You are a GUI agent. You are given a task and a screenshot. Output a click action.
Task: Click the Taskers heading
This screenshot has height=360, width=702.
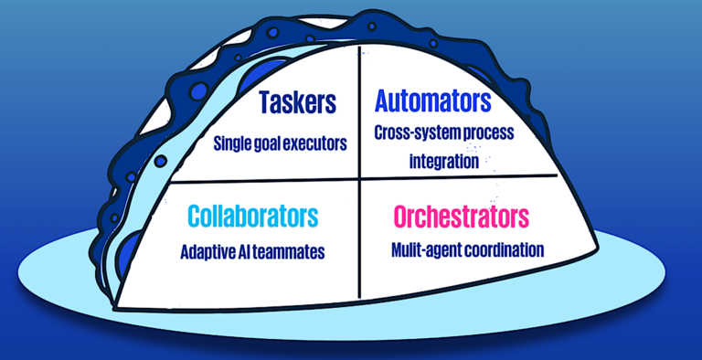(297, 103)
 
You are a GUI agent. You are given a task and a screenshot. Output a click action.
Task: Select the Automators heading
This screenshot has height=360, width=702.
(432, 101)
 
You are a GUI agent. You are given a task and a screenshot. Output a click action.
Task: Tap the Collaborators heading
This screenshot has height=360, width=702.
(253, 216)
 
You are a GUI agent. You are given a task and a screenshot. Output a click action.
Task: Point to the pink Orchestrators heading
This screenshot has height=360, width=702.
(461, 217)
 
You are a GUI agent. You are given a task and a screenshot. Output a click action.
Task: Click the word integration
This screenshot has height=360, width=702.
(444, 161)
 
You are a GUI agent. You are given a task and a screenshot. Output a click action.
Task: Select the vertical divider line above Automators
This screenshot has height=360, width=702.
(360, 69)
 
